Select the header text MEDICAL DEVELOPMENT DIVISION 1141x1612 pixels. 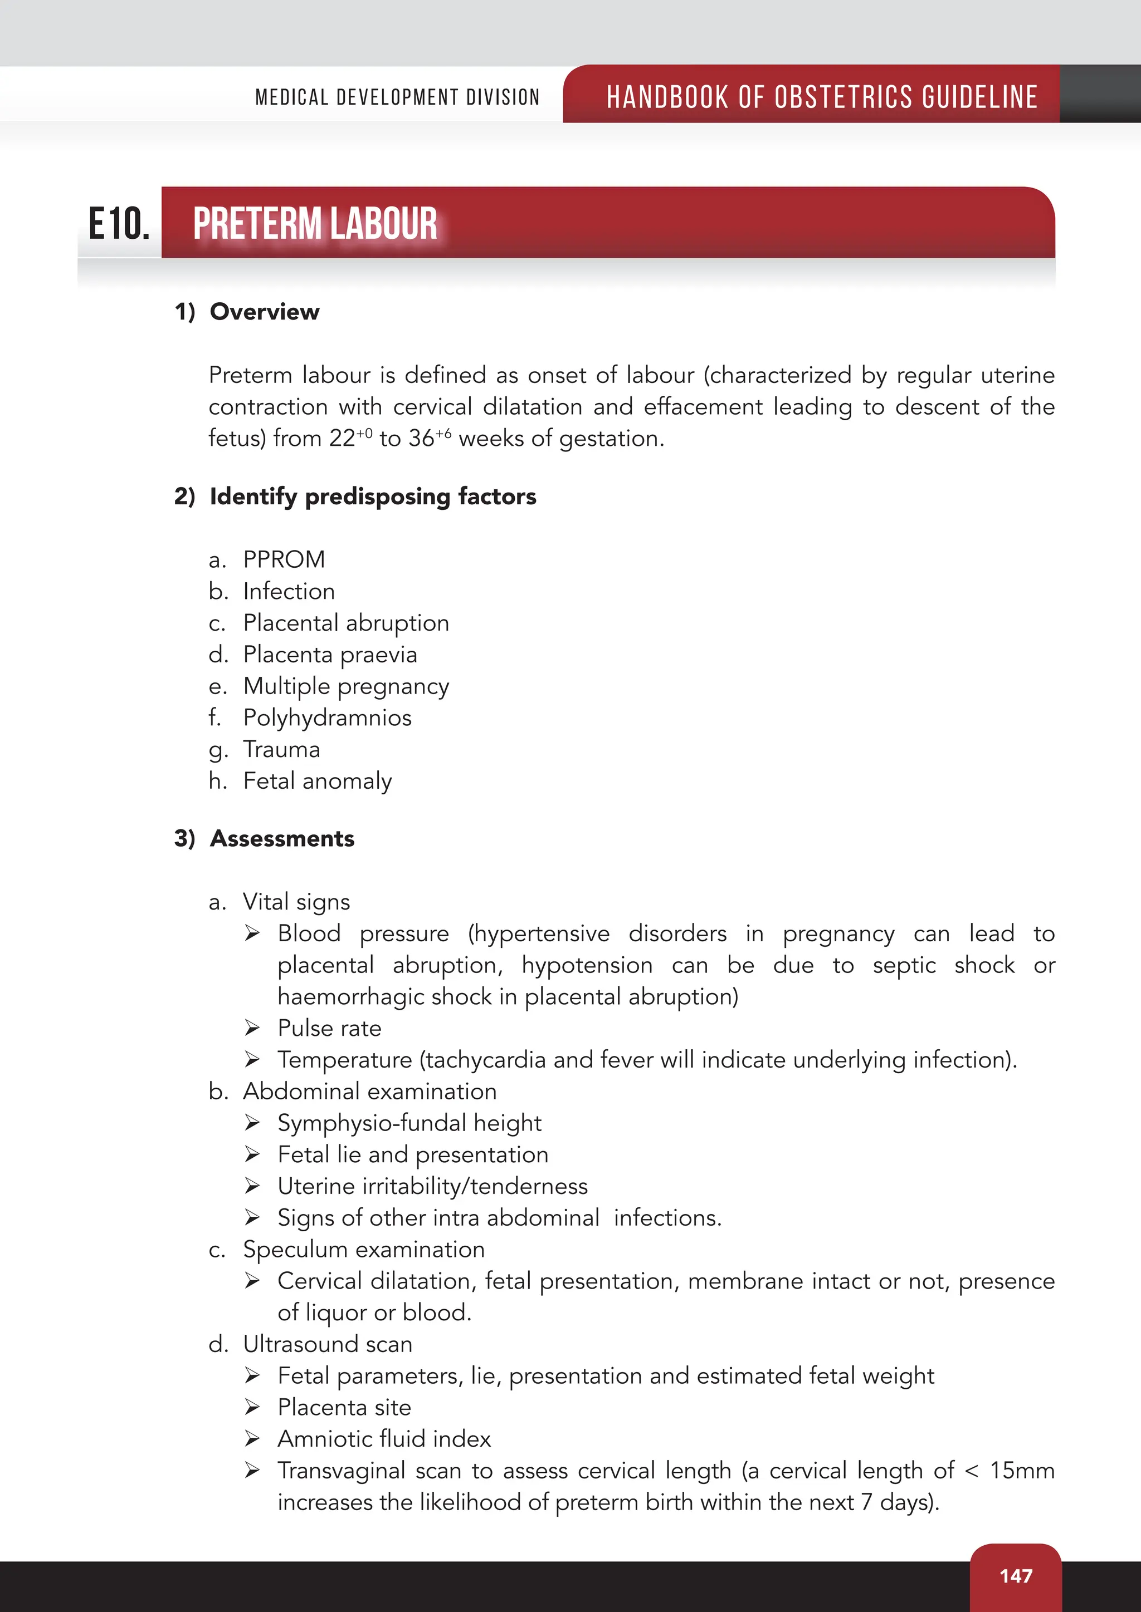(397, 97)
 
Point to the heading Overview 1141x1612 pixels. (264, 312)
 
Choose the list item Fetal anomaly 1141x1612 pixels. (317, 781)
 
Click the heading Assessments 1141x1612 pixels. (282, 838)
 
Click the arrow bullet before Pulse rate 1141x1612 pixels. (252, 1029)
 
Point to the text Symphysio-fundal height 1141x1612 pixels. (409, 1123)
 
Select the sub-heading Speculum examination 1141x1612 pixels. (363, 1249)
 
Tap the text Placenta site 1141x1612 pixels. (344, 1407)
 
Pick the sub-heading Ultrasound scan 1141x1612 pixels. (328, 1344)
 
